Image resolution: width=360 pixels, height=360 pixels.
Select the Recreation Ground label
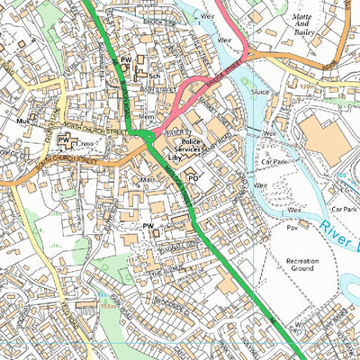pyautogui.click(x=310, y=265)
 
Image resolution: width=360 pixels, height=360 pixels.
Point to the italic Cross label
pyautogui.click(x=85, y=143)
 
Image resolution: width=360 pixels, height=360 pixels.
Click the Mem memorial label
pyautogui.click(x=147, y=117)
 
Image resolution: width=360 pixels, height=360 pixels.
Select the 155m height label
pyautogui.click(x=108, y=305)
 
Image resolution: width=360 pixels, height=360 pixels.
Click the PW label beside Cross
pyautogui.click(x=63, y=140)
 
